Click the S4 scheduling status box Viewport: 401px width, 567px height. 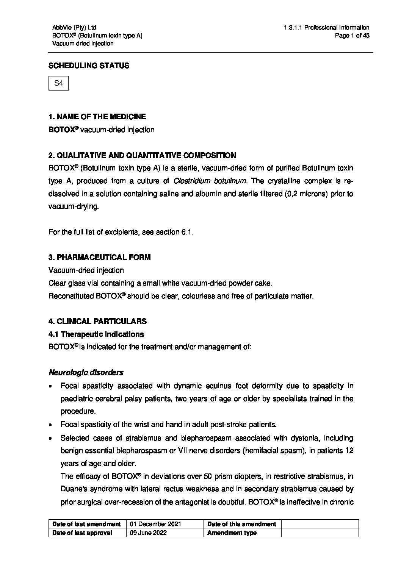pyautogui.click(x=59, y=83)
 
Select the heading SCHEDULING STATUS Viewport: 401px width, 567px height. pyautogui.click(x=89, y=66)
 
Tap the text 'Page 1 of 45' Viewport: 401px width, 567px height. pyautogui.click(x=352, y=36)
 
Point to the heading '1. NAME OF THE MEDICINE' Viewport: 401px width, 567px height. pyautogui.click(x=97, y=117)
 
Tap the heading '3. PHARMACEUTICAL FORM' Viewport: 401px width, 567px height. pyautogui.click(x=99, y=257)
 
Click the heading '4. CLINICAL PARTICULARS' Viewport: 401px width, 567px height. pyautogui.click(x=97, y=321)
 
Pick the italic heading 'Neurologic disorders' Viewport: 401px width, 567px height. pyautogui.click(x=86, y=372)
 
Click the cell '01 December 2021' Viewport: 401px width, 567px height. pyautogui.click(x=155, y=524)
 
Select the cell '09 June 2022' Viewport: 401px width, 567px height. pyautogui.click(x=148, y=533)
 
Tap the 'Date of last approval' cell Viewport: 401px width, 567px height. pyautogui.click(x=82, y=533)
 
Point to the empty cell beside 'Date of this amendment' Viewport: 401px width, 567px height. pyautogui.click(x=320, y=524)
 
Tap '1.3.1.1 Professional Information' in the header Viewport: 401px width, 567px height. pyautogui.click(x=326, y=27)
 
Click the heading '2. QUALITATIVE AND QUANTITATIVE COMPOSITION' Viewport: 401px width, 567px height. pyautogui.click(x=142, y=155)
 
